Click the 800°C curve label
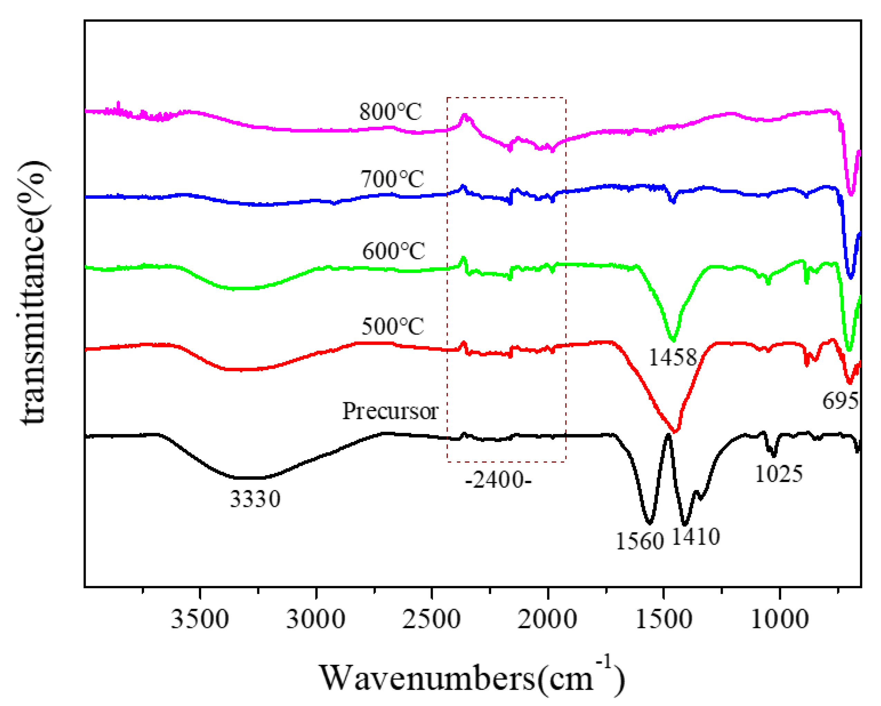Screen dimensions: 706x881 click(x=390, y=111)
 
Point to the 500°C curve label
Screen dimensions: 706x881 click(x=393, y=326)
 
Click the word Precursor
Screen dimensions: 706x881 click(x=390, y=411)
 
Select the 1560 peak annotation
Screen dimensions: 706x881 click(x=640, y=542)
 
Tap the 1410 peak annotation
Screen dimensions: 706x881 click(x=696, y=537)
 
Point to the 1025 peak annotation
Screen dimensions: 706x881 click(x=778, y=474)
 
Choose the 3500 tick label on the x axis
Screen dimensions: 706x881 click(x=200, y=619)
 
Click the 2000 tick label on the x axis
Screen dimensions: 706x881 click(x=548, y=619)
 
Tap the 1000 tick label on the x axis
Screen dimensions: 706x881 click(x=780, y=619)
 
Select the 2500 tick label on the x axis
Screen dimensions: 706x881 click(x=431, y=619)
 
